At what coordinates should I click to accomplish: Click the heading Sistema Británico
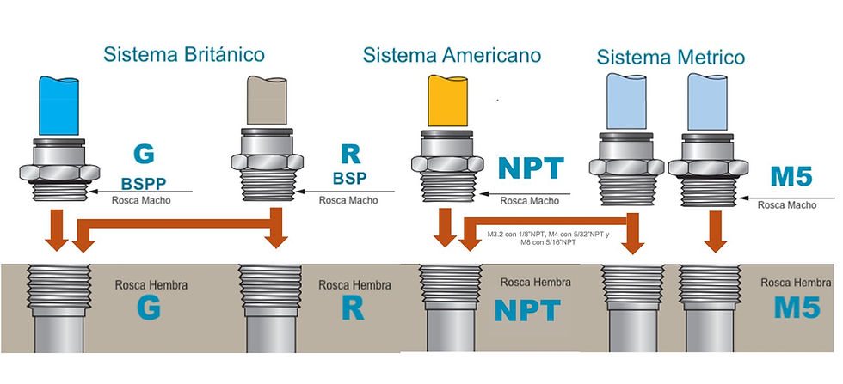(x=184, y=55)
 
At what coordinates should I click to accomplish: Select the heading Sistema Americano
(x=452, y=55)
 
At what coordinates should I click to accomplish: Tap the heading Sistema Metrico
(x=671, y=58)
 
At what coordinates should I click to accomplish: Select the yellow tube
(x=448, y=101)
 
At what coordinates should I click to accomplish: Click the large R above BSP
(x=351, y=155)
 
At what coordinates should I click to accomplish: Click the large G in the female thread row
(x=148, y=309)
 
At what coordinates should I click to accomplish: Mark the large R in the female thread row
(x=352, y=309)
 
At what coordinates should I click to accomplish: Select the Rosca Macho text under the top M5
(x=786, y=205)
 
